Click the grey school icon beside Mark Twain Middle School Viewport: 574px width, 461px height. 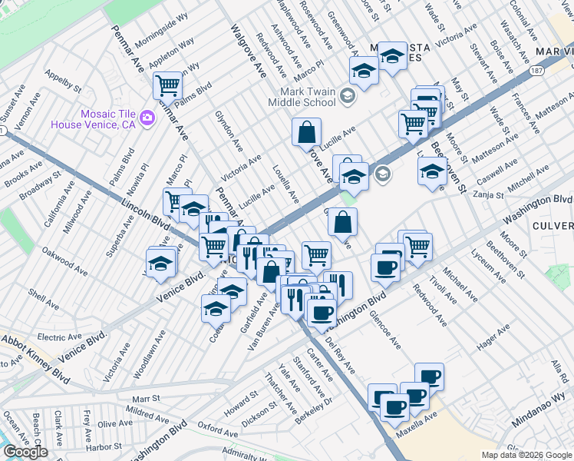pos(348,96)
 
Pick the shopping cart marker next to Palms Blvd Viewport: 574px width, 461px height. pos(167,85)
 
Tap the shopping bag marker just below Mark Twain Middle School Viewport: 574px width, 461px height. pos(306,131)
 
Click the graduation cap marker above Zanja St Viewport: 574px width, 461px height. pos(433,171)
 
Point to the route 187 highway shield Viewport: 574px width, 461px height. pos(536,71)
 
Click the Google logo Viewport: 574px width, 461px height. pos(25,451)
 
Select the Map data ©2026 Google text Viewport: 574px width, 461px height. pos(526,455)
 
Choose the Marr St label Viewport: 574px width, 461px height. pos(145,399)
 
